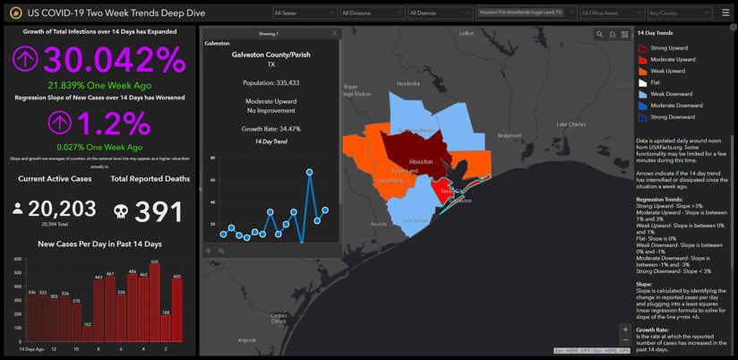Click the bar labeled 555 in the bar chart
pos(154,304)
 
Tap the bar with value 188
pos(166,328)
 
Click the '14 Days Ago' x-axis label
pos(31,348)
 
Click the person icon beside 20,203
pos(18,210)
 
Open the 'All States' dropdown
pos(305,13)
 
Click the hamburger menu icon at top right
pos(725,13)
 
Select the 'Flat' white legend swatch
pos(643,82)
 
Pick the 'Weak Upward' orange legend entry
pos(667,71)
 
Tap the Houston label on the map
pos(420,163)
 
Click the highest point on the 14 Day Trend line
pos(310,171)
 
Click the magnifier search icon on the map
pos(599,34)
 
